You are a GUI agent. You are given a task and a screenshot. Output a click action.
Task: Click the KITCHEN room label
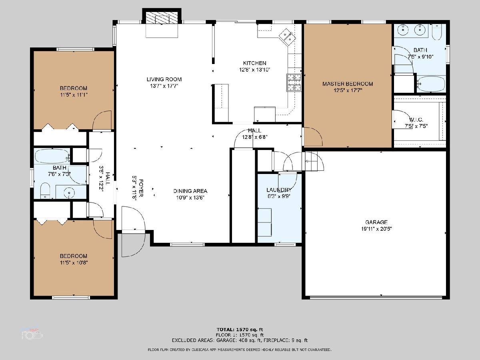click(x=254, y=63)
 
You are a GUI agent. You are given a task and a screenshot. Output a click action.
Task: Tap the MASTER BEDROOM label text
click(x=348, y=84)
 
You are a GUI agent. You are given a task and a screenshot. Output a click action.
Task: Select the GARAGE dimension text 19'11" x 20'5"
click(x=376, y=229)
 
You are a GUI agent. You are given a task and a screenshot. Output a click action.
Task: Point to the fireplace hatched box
click(x=162, y=18)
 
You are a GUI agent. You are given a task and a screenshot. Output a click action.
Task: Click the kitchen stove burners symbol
click(x=294, y=82)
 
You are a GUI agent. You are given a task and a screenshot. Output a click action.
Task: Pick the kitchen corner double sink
click(x=287, y=37)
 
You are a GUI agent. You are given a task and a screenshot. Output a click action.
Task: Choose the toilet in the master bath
click(x=437, y=32)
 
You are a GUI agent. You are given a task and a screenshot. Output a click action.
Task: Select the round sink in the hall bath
click(x=69, y=192)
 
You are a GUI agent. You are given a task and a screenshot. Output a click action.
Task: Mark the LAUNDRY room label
click(x=279, y=190)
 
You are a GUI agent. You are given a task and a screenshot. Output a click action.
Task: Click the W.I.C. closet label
click(x=416, y=120)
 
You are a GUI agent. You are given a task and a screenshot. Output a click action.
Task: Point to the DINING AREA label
click(x=190, y=191)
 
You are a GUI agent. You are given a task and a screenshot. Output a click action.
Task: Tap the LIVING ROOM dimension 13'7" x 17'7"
click(x=164, y=86)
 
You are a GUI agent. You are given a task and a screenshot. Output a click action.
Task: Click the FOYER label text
click(x=141, y=188)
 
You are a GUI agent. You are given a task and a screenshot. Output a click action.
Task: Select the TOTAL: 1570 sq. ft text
click(x=240, y=329)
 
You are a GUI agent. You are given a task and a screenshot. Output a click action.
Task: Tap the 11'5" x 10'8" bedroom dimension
click(x=74, y=262)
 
